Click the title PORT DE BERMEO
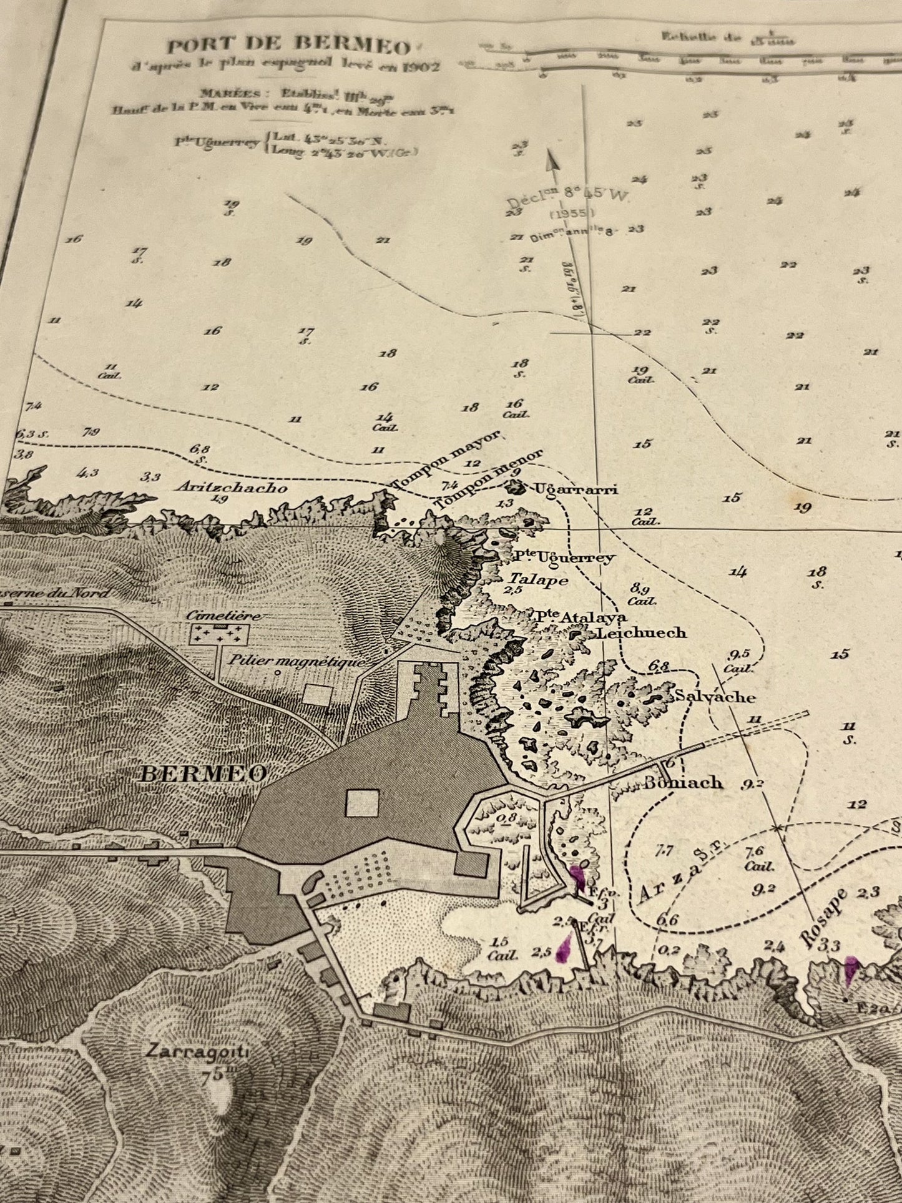click(288, 46)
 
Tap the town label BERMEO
click(204, 773)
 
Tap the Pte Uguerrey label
click(564, 557)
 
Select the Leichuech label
click(642, 632)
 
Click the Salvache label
click(713, 697)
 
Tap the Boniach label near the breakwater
click(684, 782)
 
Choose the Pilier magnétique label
click(296, 660)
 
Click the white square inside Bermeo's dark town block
click(363, 802)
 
